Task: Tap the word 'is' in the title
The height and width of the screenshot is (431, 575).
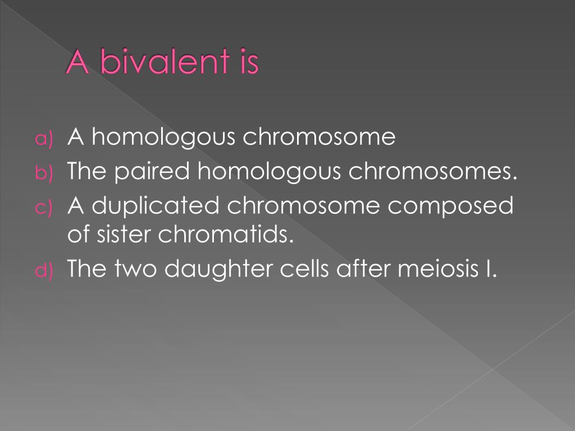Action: (x=246, y=63)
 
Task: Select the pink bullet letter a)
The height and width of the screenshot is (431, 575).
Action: (x=44, y=139)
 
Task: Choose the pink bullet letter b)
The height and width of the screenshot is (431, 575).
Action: (x=44, y=173)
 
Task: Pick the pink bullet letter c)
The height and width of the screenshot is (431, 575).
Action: (x=44, y=208)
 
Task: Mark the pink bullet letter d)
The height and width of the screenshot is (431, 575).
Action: (x=44, y=271)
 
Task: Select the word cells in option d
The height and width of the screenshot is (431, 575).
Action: (x=307, y=270)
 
